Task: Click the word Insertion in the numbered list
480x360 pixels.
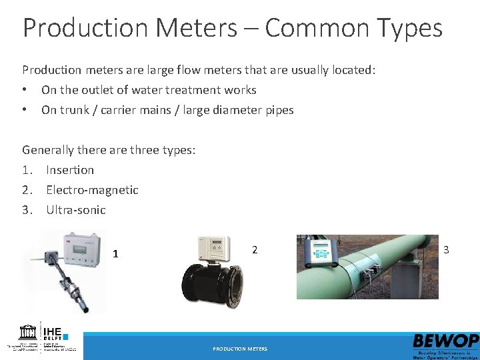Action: [x=70, y=170]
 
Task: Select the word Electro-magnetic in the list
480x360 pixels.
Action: [x=92, y=190]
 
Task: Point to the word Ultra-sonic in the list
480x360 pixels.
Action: [x=75, y=210]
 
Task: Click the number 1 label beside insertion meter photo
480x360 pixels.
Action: [x=115, y=253]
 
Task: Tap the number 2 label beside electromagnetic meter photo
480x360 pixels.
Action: [x=254, y=250]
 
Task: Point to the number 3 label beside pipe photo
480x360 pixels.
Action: [x=446, y=249]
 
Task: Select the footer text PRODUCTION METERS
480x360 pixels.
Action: [x=240, y=349]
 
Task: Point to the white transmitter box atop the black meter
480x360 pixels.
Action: [x=215, y=248]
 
